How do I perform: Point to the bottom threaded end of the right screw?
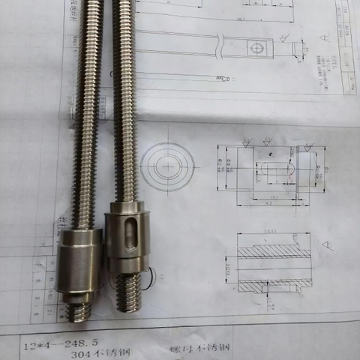pos(127,294)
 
